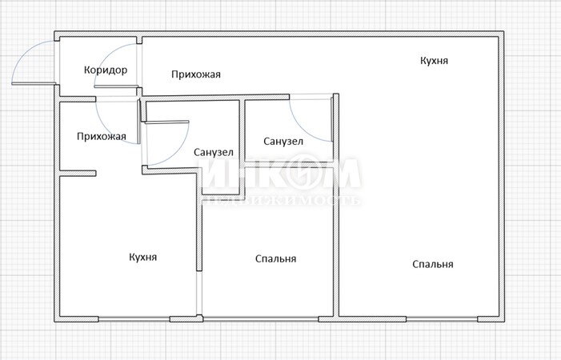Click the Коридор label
(x=106, y=70)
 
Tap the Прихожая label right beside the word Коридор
(x=196, y=74)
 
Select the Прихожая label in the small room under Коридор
(x=102, y=136)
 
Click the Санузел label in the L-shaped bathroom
(x=214, y=152)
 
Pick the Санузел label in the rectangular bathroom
(x=283, y=142)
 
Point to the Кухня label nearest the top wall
(x=434, y=61)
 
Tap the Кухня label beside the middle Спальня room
(x=142, y=257)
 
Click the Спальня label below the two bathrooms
(x=276, y=258)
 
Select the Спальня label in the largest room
(x=433, y=264)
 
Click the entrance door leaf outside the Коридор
(x=34, y=84)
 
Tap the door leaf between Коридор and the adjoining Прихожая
(x=116, y=86)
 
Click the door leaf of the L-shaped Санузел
(x=166, y=122)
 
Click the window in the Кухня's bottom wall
(x=134, y=318)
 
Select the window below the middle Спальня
(x=260, y=318)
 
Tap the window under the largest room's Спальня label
(x=442, y=318)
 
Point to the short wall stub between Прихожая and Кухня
(x=78, y=174)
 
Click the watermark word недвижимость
(x=281, y=200)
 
